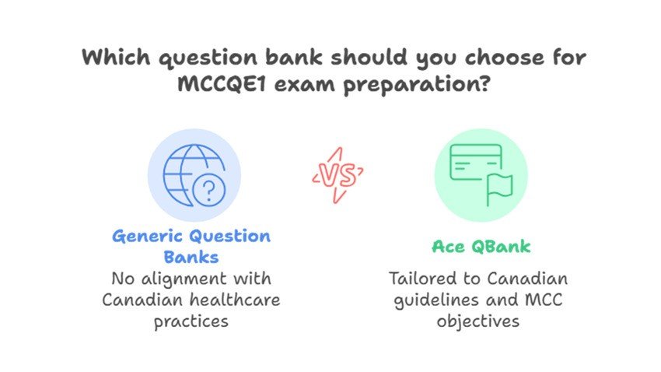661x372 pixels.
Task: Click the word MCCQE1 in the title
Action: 222,83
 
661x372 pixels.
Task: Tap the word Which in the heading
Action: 116,57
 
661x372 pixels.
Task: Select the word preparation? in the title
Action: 417,85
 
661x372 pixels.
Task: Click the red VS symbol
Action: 337,175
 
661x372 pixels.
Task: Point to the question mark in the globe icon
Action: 209,191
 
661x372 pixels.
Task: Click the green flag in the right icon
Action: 499,188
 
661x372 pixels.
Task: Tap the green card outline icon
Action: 476,163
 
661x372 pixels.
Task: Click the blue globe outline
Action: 190,174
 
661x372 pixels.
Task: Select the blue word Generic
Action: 148,236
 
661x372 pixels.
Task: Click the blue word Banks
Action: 191,257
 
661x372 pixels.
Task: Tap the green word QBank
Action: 501,247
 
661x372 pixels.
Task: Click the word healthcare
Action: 235,300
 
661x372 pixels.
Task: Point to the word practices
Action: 191,322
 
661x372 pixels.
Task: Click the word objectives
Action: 478,322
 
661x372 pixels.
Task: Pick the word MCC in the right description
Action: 544,300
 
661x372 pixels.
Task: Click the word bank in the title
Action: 294,57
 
